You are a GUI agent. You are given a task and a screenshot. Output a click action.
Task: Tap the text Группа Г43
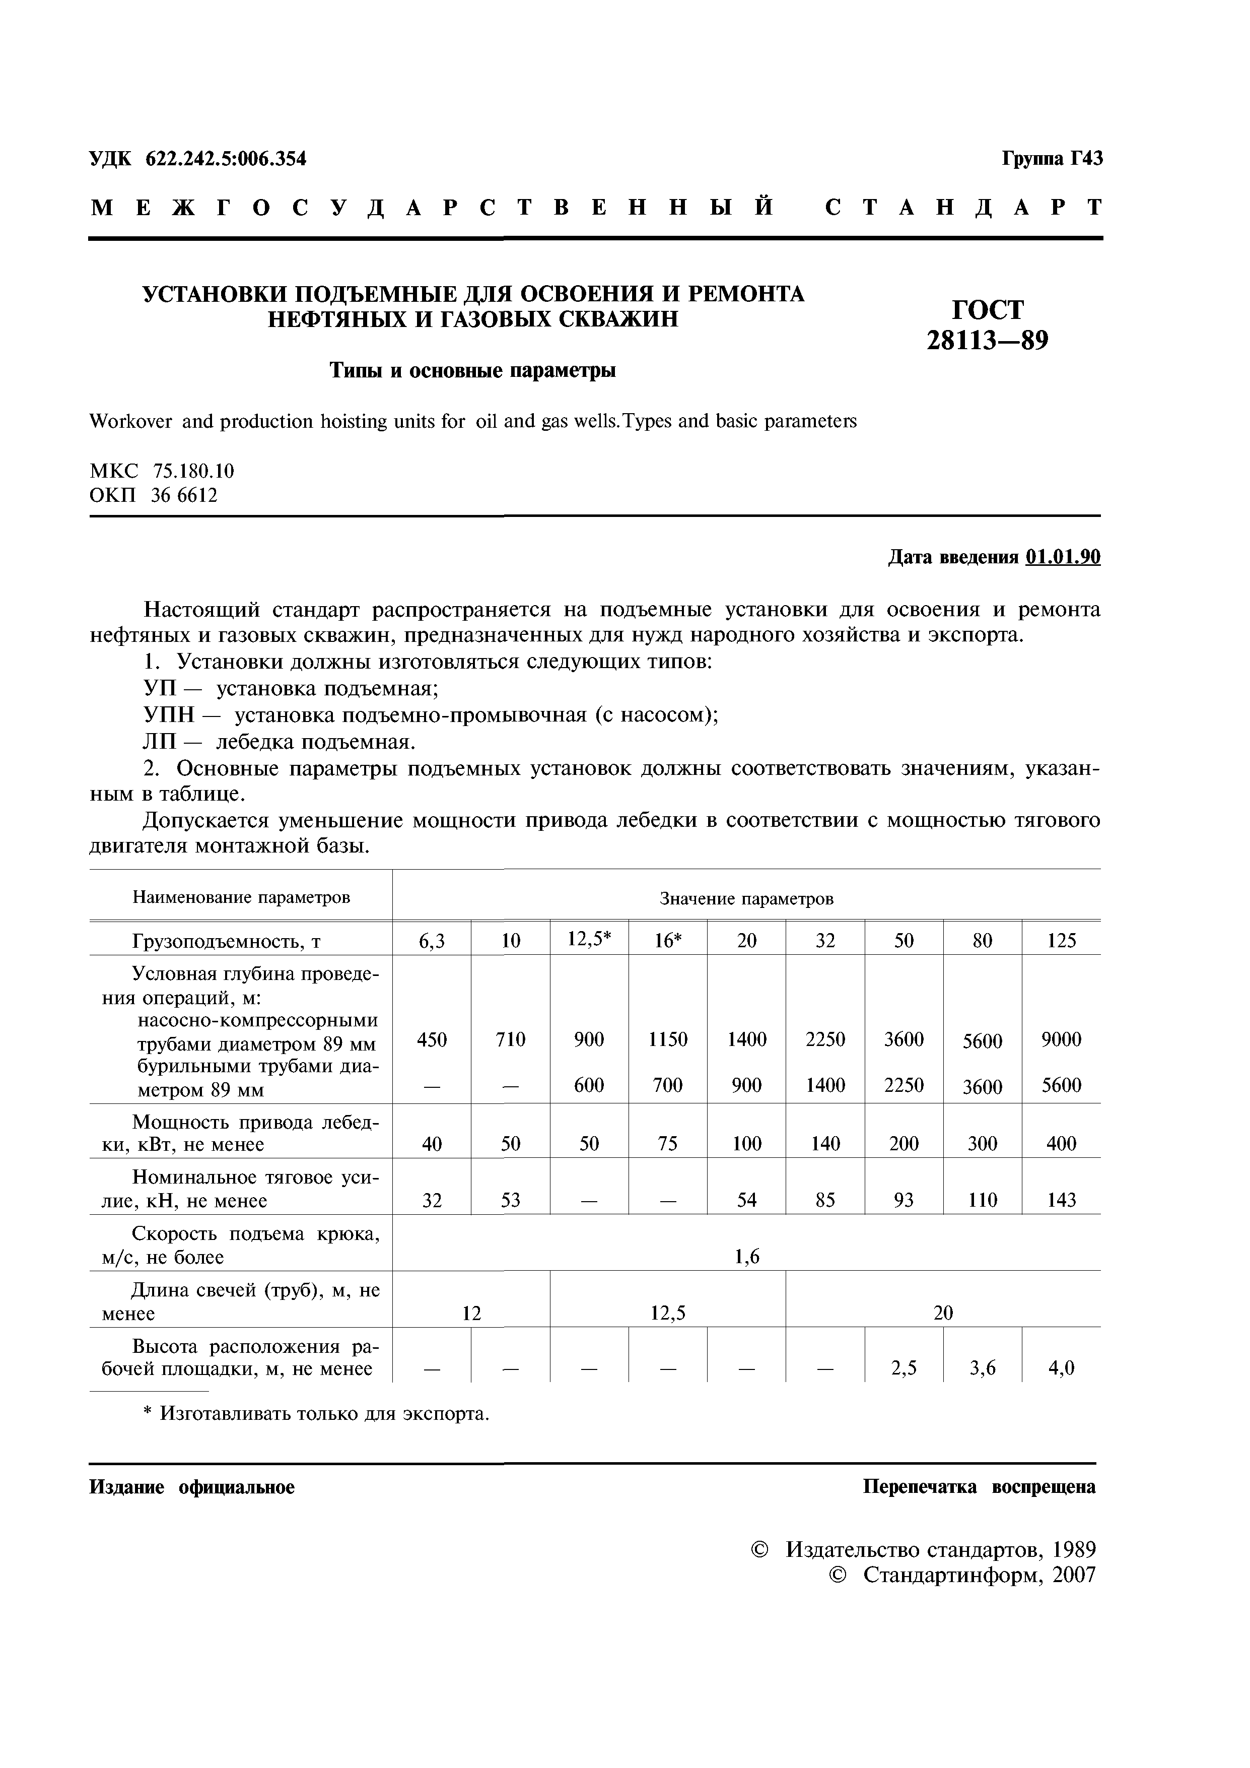1052,159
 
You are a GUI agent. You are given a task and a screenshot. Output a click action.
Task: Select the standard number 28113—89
988,340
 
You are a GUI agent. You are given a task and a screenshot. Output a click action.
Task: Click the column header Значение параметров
746,899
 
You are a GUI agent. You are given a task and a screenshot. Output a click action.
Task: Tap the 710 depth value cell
510,1039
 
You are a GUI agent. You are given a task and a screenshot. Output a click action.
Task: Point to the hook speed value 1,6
746,1257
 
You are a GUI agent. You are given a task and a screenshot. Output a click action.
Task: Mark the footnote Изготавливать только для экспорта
323,1415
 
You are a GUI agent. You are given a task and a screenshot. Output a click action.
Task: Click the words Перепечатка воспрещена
979,1487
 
